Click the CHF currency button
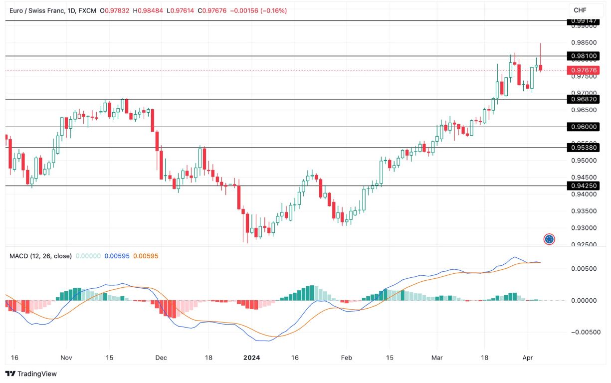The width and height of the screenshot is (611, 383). (x=580, y=10)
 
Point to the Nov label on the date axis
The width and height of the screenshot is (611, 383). (x=66, y=358)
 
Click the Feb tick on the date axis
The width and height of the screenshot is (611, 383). (x=346, y=358)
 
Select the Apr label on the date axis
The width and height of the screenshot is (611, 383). (x=527, y=358)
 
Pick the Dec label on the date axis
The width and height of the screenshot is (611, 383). (x=161, y=358)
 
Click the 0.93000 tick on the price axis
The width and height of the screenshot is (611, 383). (x=583, y=228)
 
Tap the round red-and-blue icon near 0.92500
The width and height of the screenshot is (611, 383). (x=549, y=239)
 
